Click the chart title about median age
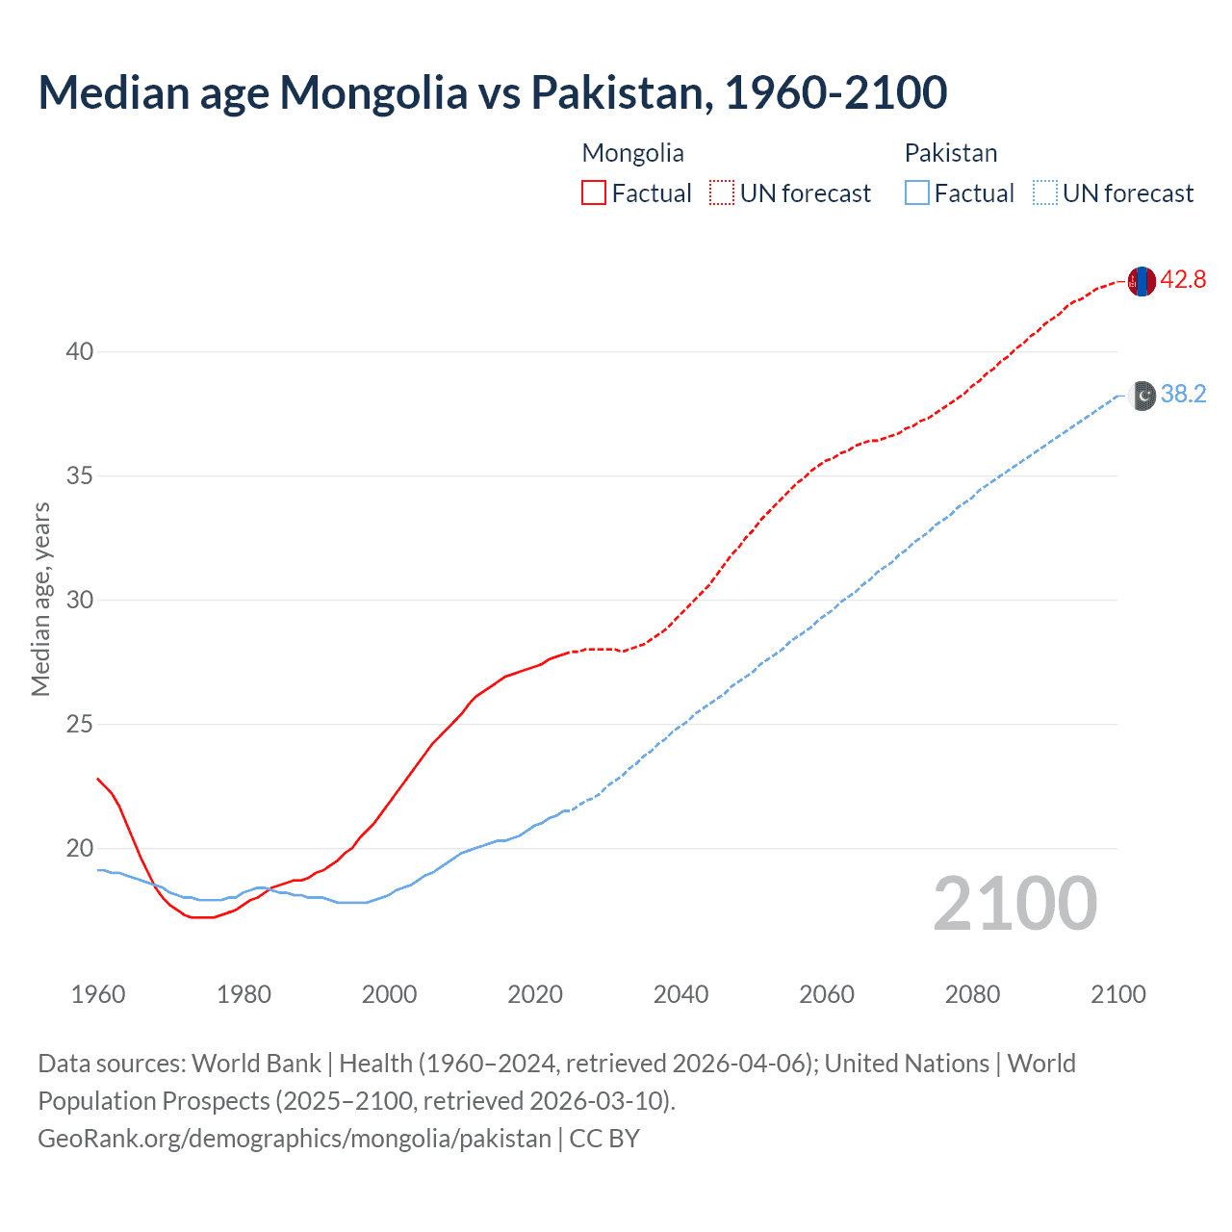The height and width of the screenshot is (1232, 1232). click(x=493, y=92)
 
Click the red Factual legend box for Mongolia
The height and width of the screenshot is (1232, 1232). click(x=594, y=192)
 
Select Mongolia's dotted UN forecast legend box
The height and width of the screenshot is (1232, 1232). click(x=722, y=192)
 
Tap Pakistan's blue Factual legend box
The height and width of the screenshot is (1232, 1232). click(x=917, y=192)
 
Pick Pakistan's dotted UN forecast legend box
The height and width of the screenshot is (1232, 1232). click(x=1045, y=192)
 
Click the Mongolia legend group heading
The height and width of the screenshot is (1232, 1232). click(x=632, y=153)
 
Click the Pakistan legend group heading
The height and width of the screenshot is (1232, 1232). click(x=950, y=153)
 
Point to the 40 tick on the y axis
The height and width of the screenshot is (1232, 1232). click(x=80, y=351)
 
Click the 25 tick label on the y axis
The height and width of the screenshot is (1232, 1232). click(x=80, y=724)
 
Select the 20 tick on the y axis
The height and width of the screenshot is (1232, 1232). click(x=80, y=848)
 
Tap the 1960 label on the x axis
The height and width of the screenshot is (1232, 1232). click(x=98, y=994)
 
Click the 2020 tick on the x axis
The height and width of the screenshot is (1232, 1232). click(x=535, y=994)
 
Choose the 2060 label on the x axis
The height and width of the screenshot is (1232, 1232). click(x=827, y=994)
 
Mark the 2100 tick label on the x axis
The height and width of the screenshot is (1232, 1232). click(x=1118, y=994)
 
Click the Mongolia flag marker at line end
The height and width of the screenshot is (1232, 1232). click(x=1142, y=281)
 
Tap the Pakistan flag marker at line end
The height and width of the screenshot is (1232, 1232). click(x=1142, y=396)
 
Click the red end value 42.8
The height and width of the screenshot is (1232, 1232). click(x=1183, y=280)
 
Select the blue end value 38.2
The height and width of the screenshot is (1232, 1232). click(x=1183, y=395)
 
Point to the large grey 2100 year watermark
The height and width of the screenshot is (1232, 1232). click(x=1015, y=903)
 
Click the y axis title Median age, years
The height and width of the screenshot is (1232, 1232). click(x=40, y=599)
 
